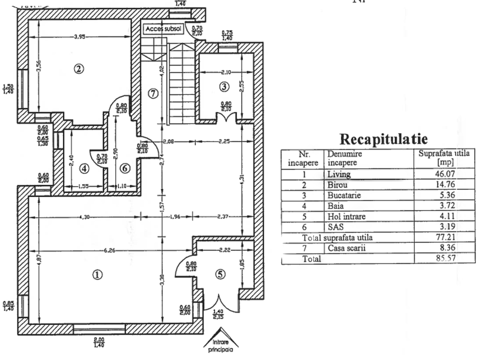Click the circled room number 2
(x=79, y=69)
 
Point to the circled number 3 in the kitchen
(x=224, y=86)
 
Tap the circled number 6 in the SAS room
(x=125, y=169)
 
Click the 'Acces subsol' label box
(x=163, y=29)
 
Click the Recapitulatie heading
(x=383, y=139)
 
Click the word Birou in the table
(x=338, y=185)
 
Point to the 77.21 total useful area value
(x=445, y=238)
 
